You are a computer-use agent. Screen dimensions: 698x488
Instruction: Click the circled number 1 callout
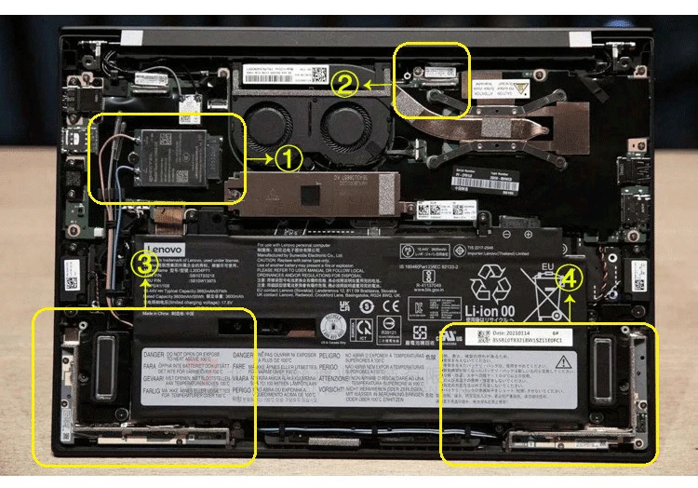click(x=289, y=159)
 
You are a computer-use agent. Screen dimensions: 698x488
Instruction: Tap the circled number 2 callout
click(x=345, y=84)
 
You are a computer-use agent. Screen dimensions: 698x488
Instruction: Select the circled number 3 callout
click(x=143, y=264)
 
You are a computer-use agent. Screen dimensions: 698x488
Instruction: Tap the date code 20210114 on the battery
click(x=510, y=332)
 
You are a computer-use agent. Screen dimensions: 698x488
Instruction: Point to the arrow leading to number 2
click(x=379, y=84)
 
